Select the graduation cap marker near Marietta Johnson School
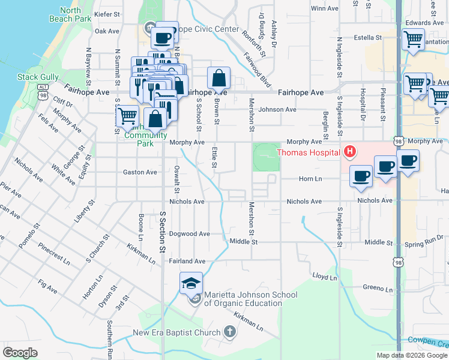pos(191,283)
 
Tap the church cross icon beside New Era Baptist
pos(229,332)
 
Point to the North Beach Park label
pos(75,14)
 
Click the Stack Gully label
pos(37,77)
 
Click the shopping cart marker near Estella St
pos(413,40)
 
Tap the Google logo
pos(20,352)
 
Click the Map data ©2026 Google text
pos(412,355)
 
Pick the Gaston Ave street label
pos(139,172)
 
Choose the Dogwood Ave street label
pos(189,233)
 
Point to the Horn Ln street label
pos(310,179)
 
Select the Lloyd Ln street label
pos(324,277)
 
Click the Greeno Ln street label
pos(378,289)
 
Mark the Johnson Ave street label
pos(277,110)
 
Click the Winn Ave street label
pos(325,8)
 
